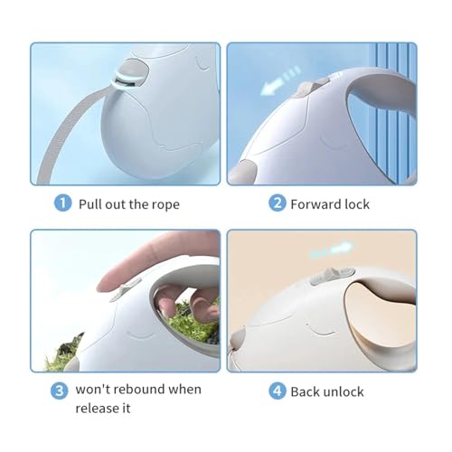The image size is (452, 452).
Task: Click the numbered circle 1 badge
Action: [x=62, y=203]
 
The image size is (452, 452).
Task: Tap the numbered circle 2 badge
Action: [x=277, y=202]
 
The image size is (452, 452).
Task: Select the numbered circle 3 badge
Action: [x=59, y=391]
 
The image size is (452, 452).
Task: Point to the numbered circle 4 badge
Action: [x=277, y=391]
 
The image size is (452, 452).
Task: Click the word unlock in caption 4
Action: [x=343, y=391]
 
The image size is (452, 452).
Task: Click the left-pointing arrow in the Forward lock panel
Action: [x=280, y=80]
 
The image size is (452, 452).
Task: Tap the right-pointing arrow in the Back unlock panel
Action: [x=331, y=250]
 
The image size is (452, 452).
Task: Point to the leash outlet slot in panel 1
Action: [x=124, y=82]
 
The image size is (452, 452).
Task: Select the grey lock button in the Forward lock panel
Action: [x=309, y=88]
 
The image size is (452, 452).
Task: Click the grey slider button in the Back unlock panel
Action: [x=332, y=275]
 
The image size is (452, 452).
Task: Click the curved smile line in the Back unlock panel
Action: [x=320, y=330]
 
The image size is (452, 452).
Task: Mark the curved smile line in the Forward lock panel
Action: [x=332, y=144]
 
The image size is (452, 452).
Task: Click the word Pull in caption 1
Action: [x=89, y=204]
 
